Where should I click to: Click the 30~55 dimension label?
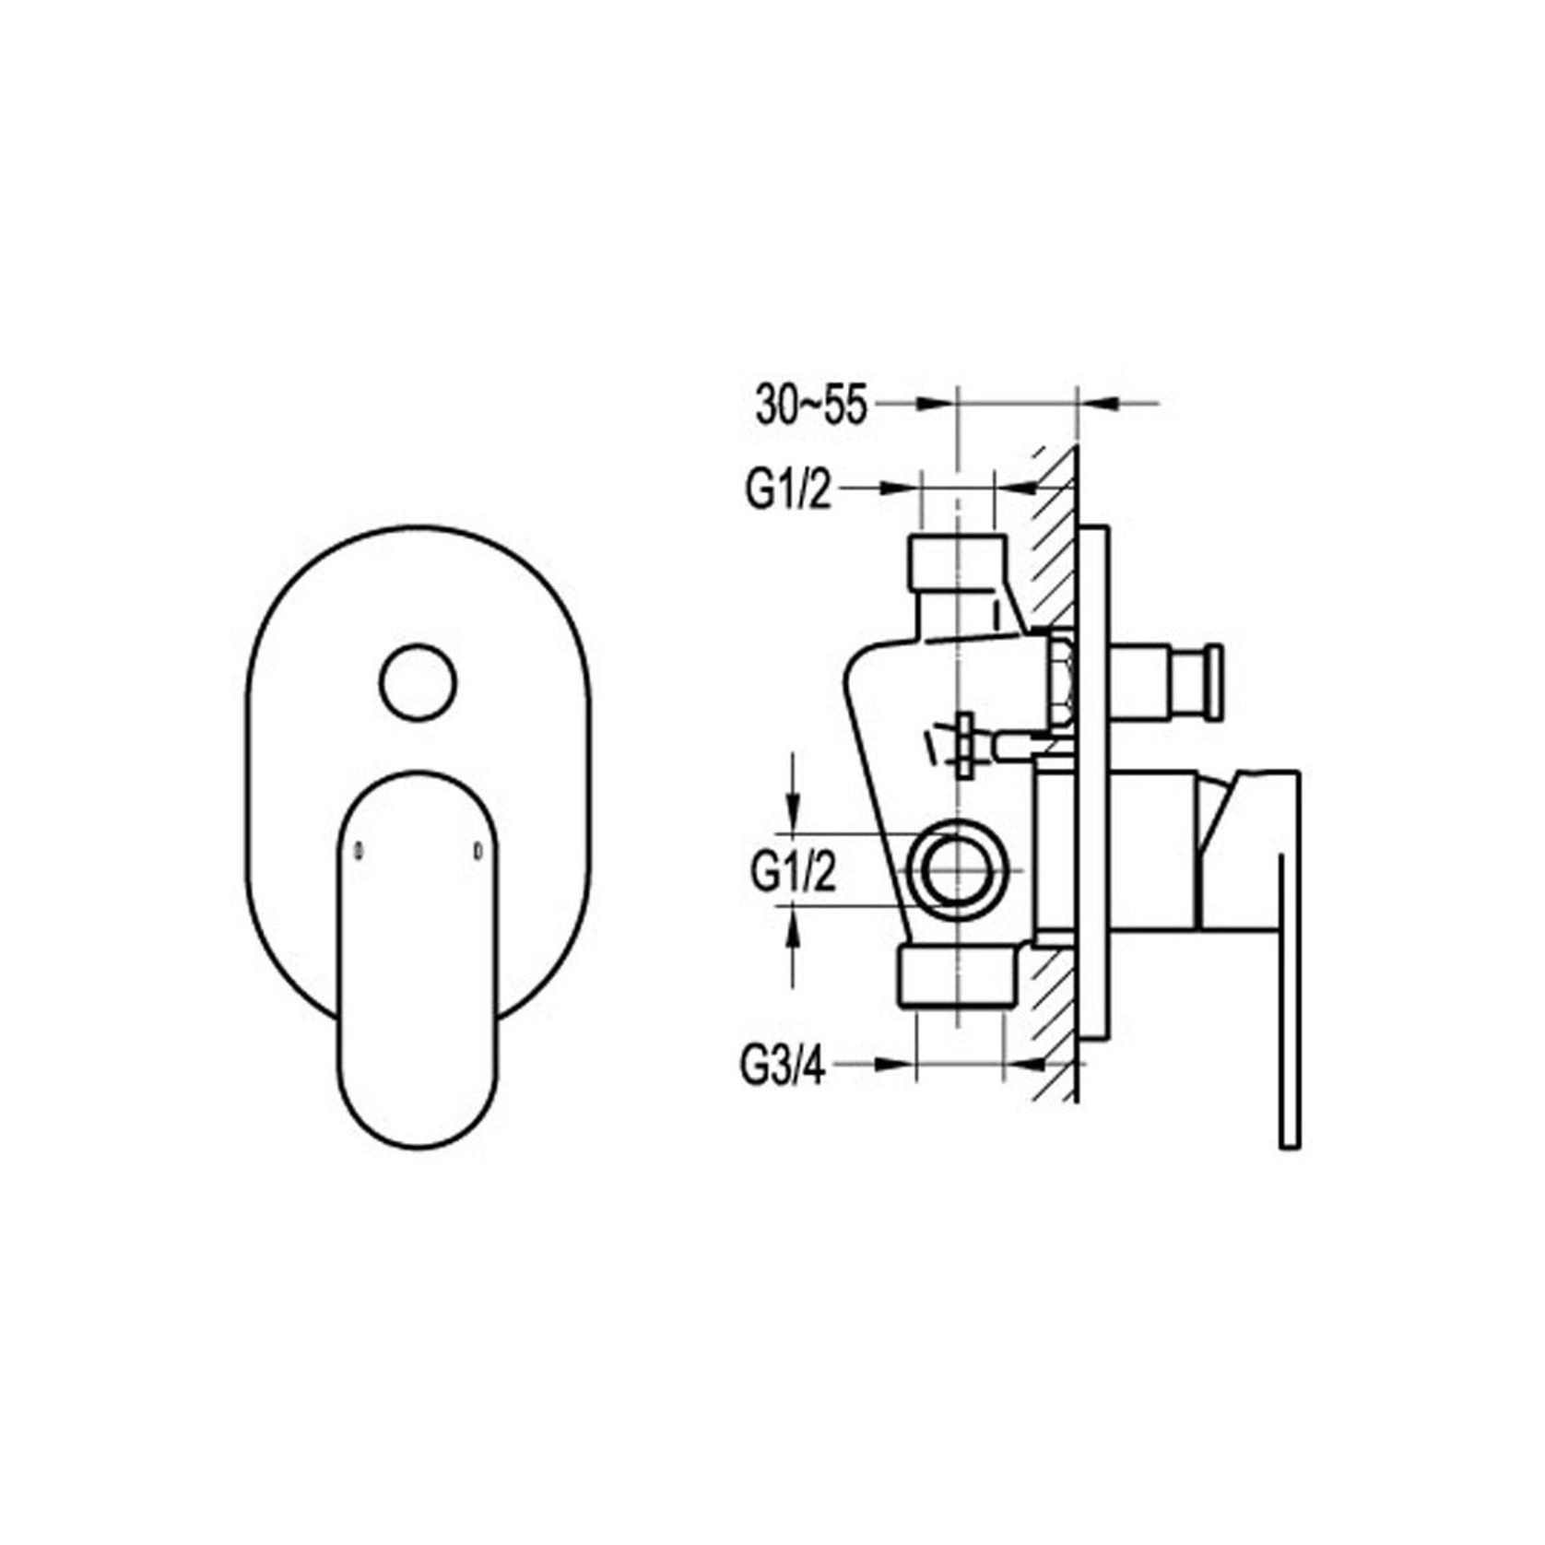[x=810, y=407]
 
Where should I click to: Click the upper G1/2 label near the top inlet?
[x=788, y=491]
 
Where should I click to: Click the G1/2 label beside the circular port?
[x=793, y=871]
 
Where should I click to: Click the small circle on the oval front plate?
[x=418, y=682]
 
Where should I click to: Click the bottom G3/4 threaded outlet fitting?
[x=959, y=979]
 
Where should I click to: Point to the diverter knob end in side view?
[x=1214, y=681]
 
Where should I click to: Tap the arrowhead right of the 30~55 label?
[x=935, y=403]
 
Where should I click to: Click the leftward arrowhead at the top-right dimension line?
[x=1097, y=403]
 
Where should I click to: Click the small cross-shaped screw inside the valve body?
[x=965, y=743]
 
